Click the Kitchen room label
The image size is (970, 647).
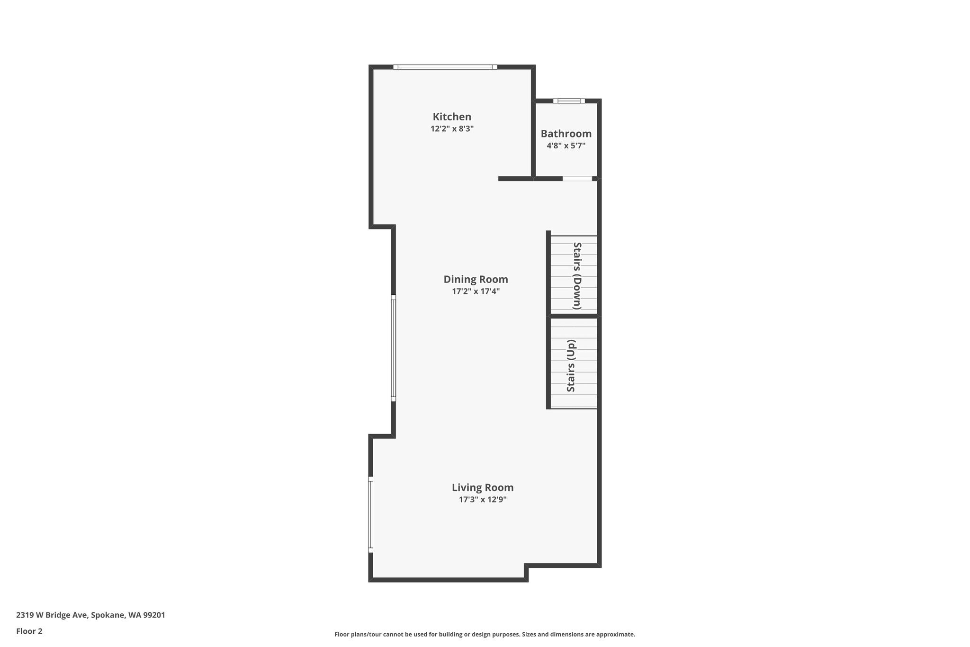coord(452,117)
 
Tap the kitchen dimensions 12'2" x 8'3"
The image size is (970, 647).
coord(452,128)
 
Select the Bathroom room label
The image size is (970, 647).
coord(566,134)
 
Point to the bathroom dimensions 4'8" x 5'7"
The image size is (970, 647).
coord(566,146)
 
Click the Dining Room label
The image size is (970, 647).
coord(476,279)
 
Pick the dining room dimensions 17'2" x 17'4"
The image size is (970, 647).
coord(476,291)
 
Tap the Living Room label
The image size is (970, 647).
coord(483,487)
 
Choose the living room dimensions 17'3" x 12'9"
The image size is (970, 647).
coord(483,499)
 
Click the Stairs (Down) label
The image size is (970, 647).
coord(577,276)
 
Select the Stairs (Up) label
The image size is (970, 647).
coord(571,366)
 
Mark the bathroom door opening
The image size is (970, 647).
coord(577,179)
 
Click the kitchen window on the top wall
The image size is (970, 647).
coord(445,67)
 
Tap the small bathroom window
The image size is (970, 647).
coord(569,100)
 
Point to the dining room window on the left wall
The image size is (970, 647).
coord(393,348)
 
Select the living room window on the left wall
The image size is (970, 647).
coord(370,514)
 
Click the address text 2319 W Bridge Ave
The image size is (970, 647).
coord(52,615)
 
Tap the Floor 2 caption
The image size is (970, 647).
coord(29,631)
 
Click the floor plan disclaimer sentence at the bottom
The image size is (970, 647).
coord(485,634)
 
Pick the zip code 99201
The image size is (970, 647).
coord(154,615)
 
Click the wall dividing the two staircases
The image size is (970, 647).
coord(574,316)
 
